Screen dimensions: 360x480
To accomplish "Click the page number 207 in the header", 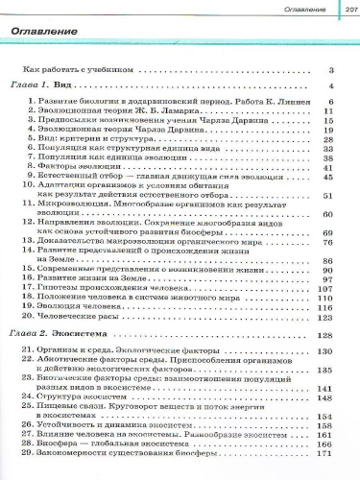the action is click(342, 8).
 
